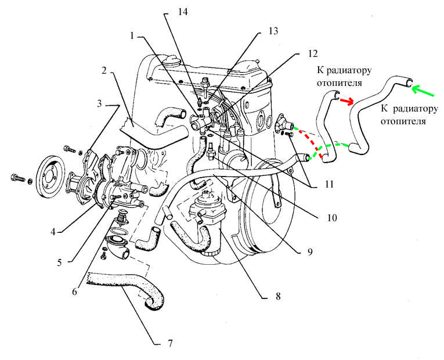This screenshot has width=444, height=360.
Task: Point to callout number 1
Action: tap(133, 35)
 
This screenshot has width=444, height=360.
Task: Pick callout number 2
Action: tap(104, 71)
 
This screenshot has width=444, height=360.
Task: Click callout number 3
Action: tap(99, 105)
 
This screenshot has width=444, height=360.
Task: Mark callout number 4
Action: tap(52, 231)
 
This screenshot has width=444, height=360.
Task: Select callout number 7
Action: tap(170, 343)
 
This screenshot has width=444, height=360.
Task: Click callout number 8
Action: tap(278, 296)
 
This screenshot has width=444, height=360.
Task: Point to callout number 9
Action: tap(309, 252)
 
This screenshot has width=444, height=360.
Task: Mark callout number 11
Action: tap(329, 184)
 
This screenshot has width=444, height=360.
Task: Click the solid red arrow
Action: tap(347, 103)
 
